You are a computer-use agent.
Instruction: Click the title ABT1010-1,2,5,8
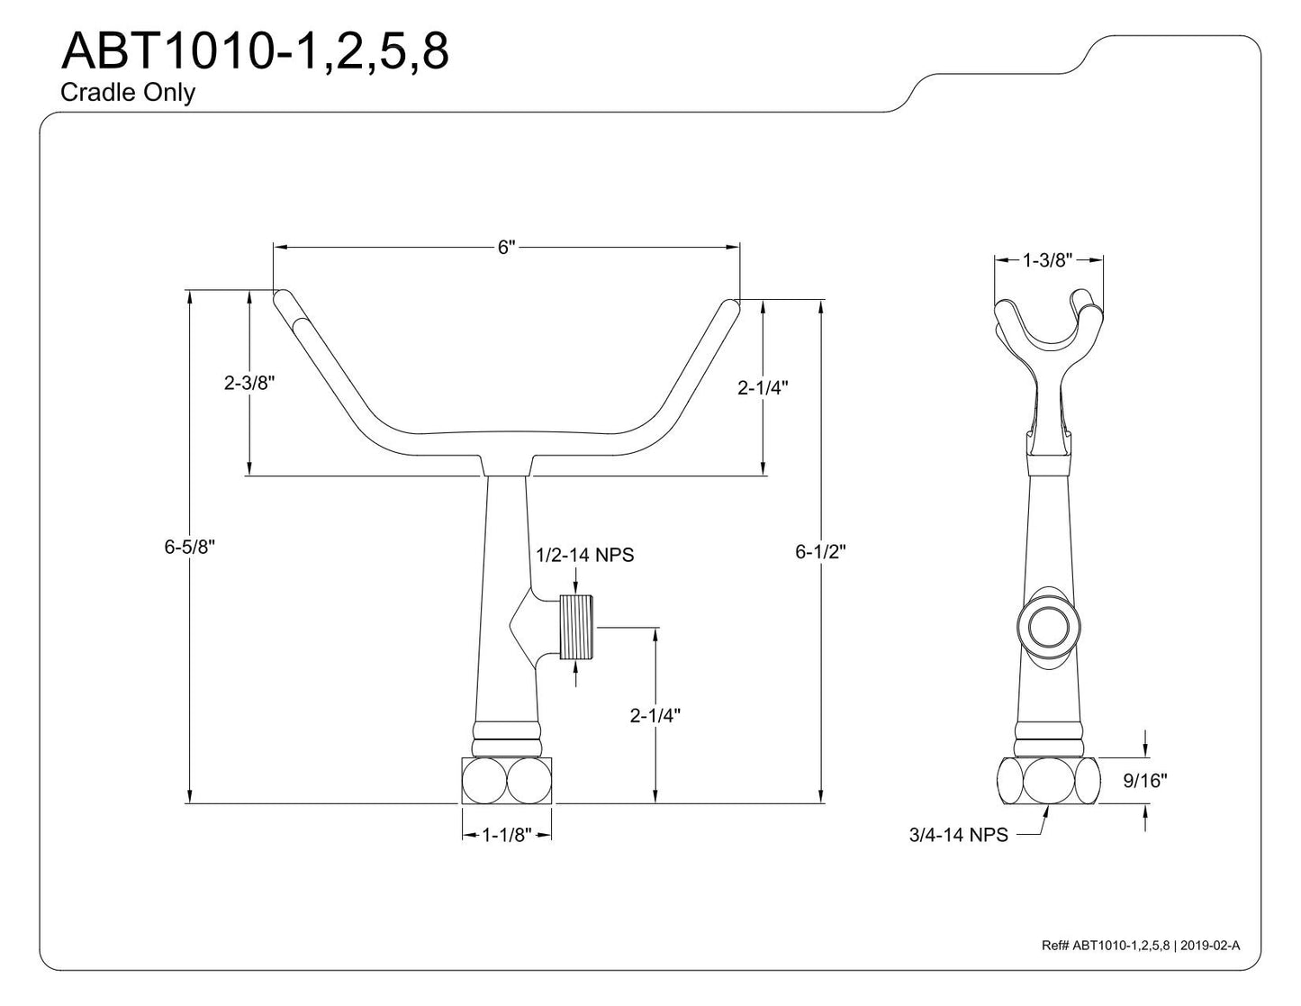pos(255,52)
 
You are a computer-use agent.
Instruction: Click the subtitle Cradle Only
pos(128,93)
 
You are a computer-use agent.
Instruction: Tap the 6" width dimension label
pos(506,247)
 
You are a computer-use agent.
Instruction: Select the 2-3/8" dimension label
pos(248,383)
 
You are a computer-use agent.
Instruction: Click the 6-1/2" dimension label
pos(820,552)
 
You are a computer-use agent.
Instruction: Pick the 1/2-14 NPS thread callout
pos(584,555)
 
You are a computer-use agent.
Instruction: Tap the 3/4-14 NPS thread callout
pos(958,835)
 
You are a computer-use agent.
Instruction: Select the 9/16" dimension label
pos(1145,781)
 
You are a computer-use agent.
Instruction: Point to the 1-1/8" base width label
pos(507,835)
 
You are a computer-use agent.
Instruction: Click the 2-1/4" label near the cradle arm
pos(763,387)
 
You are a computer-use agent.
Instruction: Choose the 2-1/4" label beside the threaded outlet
pos(655,716)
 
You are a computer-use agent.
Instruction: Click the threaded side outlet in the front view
pos(575,628)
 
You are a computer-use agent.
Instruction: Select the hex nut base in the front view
pos(506,781)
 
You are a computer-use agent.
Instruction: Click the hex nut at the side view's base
pos(1048,781)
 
